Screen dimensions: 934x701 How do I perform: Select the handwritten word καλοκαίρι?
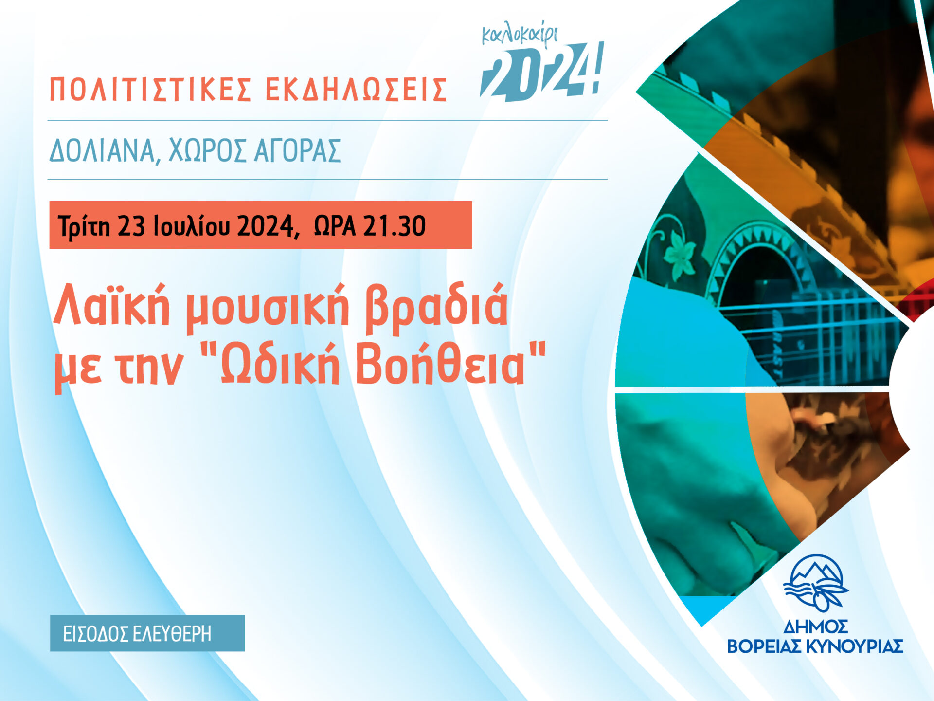(x=520, y=36)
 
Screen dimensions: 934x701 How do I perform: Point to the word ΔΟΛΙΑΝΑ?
(x=103, y=150)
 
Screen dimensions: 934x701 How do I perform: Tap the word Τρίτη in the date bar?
(x=84, y=226)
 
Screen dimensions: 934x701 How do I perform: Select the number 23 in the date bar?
(x=131, y=226)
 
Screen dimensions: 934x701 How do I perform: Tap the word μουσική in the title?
(x=268, y=307)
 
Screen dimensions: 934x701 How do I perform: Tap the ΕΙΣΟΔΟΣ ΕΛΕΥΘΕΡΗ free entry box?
(x=147, y=633)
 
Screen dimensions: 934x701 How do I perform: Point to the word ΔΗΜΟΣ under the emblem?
(x=815, y=626)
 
